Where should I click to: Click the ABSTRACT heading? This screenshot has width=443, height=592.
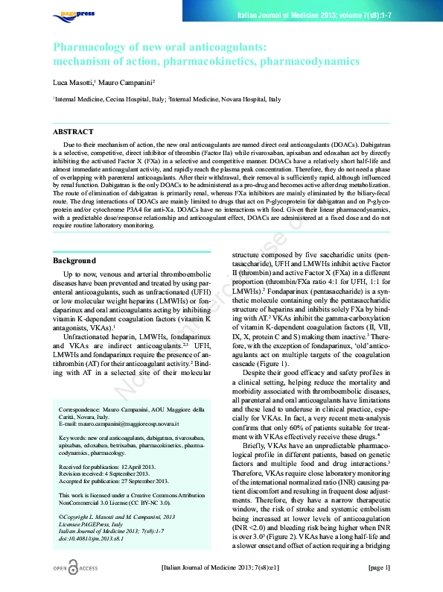[73, 131]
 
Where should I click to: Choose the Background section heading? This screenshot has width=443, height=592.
[74, 260]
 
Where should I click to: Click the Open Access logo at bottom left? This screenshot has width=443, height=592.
[74, 568]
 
